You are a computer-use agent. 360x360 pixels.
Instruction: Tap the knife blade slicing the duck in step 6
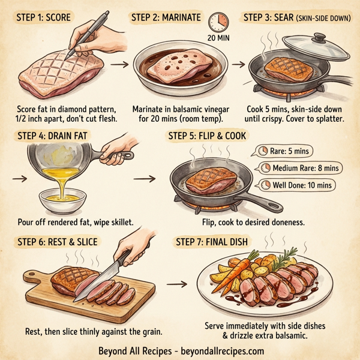98,282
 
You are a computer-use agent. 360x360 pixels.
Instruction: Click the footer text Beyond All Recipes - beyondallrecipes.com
181,350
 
